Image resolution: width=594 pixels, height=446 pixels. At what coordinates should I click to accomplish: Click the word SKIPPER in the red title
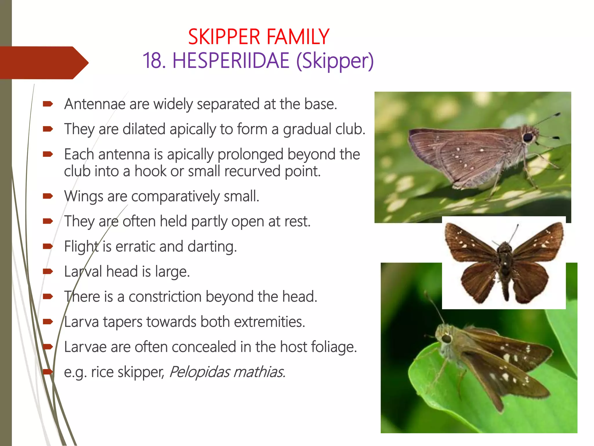point(224,37)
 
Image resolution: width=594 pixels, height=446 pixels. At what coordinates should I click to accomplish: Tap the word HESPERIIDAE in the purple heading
point(231,61)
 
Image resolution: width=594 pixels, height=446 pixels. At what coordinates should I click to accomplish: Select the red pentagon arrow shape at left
point(44,63)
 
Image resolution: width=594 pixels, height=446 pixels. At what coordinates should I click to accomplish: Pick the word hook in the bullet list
point(150,171)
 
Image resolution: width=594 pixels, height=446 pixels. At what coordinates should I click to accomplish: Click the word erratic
point(135,247)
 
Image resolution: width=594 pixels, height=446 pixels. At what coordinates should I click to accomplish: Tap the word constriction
point(165,297)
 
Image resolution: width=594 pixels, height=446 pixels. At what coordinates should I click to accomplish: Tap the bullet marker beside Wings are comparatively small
point(48,197)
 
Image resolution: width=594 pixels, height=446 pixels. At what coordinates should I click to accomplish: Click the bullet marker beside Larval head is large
point(48,272)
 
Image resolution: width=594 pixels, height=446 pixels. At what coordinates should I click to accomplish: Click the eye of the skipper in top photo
point(528,137)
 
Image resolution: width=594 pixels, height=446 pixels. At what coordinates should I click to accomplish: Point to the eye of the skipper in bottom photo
point(447,339)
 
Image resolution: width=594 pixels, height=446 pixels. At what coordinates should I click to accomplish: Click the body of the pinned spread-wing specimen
point(505,261)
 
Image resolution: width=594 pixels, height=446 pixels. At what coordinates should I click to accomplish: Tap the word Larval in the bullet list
point(83,272)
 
